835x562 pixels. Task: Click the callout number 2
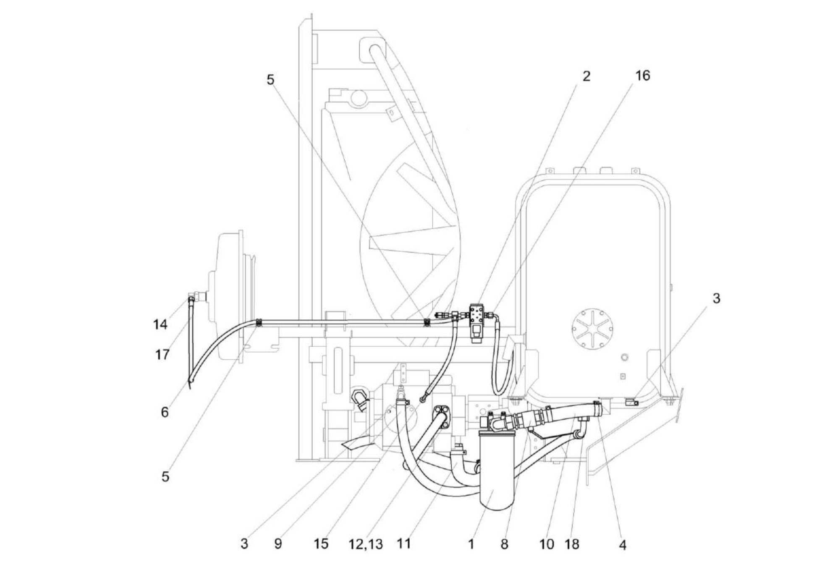(586, 76)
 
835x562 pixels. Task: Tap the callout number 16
(642, 76)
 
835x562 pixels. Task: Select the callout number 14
(160, 324)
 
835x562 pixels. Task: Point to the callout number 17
(162, 355)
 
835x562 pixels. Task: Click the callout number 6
(165, 412)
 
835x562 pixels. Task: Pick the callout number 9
(277, 544)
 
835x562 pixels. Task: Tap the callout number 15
(321, 544)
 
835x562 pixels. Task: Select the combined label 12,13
(366, 544)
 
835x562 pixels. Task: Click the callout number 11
(403, 544)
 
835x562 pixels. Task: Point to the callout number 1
(471, 544)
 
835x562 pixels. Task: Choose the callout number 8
(504, 544)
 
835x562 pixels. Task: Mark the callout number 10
(547, 544)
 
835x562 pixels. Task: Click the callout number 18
(572, 544)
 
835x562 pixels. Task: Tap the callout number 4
(623, 545)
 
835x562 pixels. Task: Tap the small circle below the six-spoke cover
(624, 358)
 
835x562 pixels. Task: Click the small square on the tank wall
(623, 376)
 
